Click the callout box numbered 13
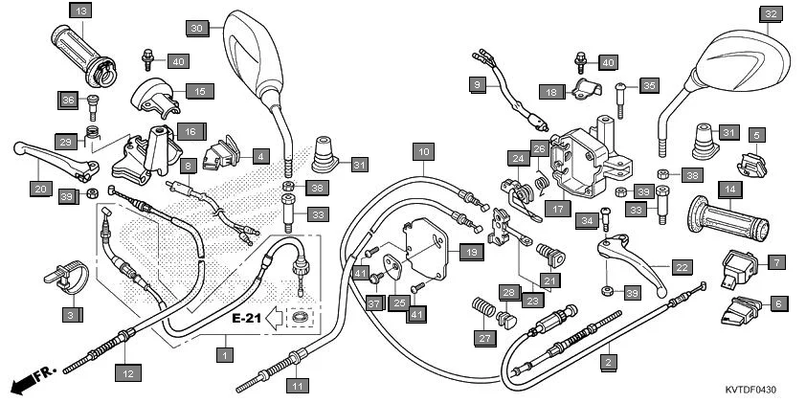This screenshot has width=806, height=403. coord(80,11)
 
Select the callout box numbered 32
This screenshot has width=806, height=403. coord(772,13)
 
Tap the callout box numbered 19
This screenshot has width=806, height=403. coord(469,253)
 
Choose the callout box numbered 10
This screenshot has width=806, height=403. coord(423,150)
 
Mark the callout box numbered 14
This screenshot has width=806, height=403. coord(728,190)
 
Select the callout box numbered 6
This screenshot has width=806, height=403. coord(778,303)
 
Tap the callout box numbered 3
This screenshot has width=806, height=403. coord(69,313)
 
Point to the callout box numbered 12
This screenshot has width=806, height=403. coord(126,372)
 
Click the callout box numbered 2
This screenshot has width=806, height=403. coord(606,362)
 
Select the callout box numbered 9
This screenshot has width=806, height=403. coord(477,84)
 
